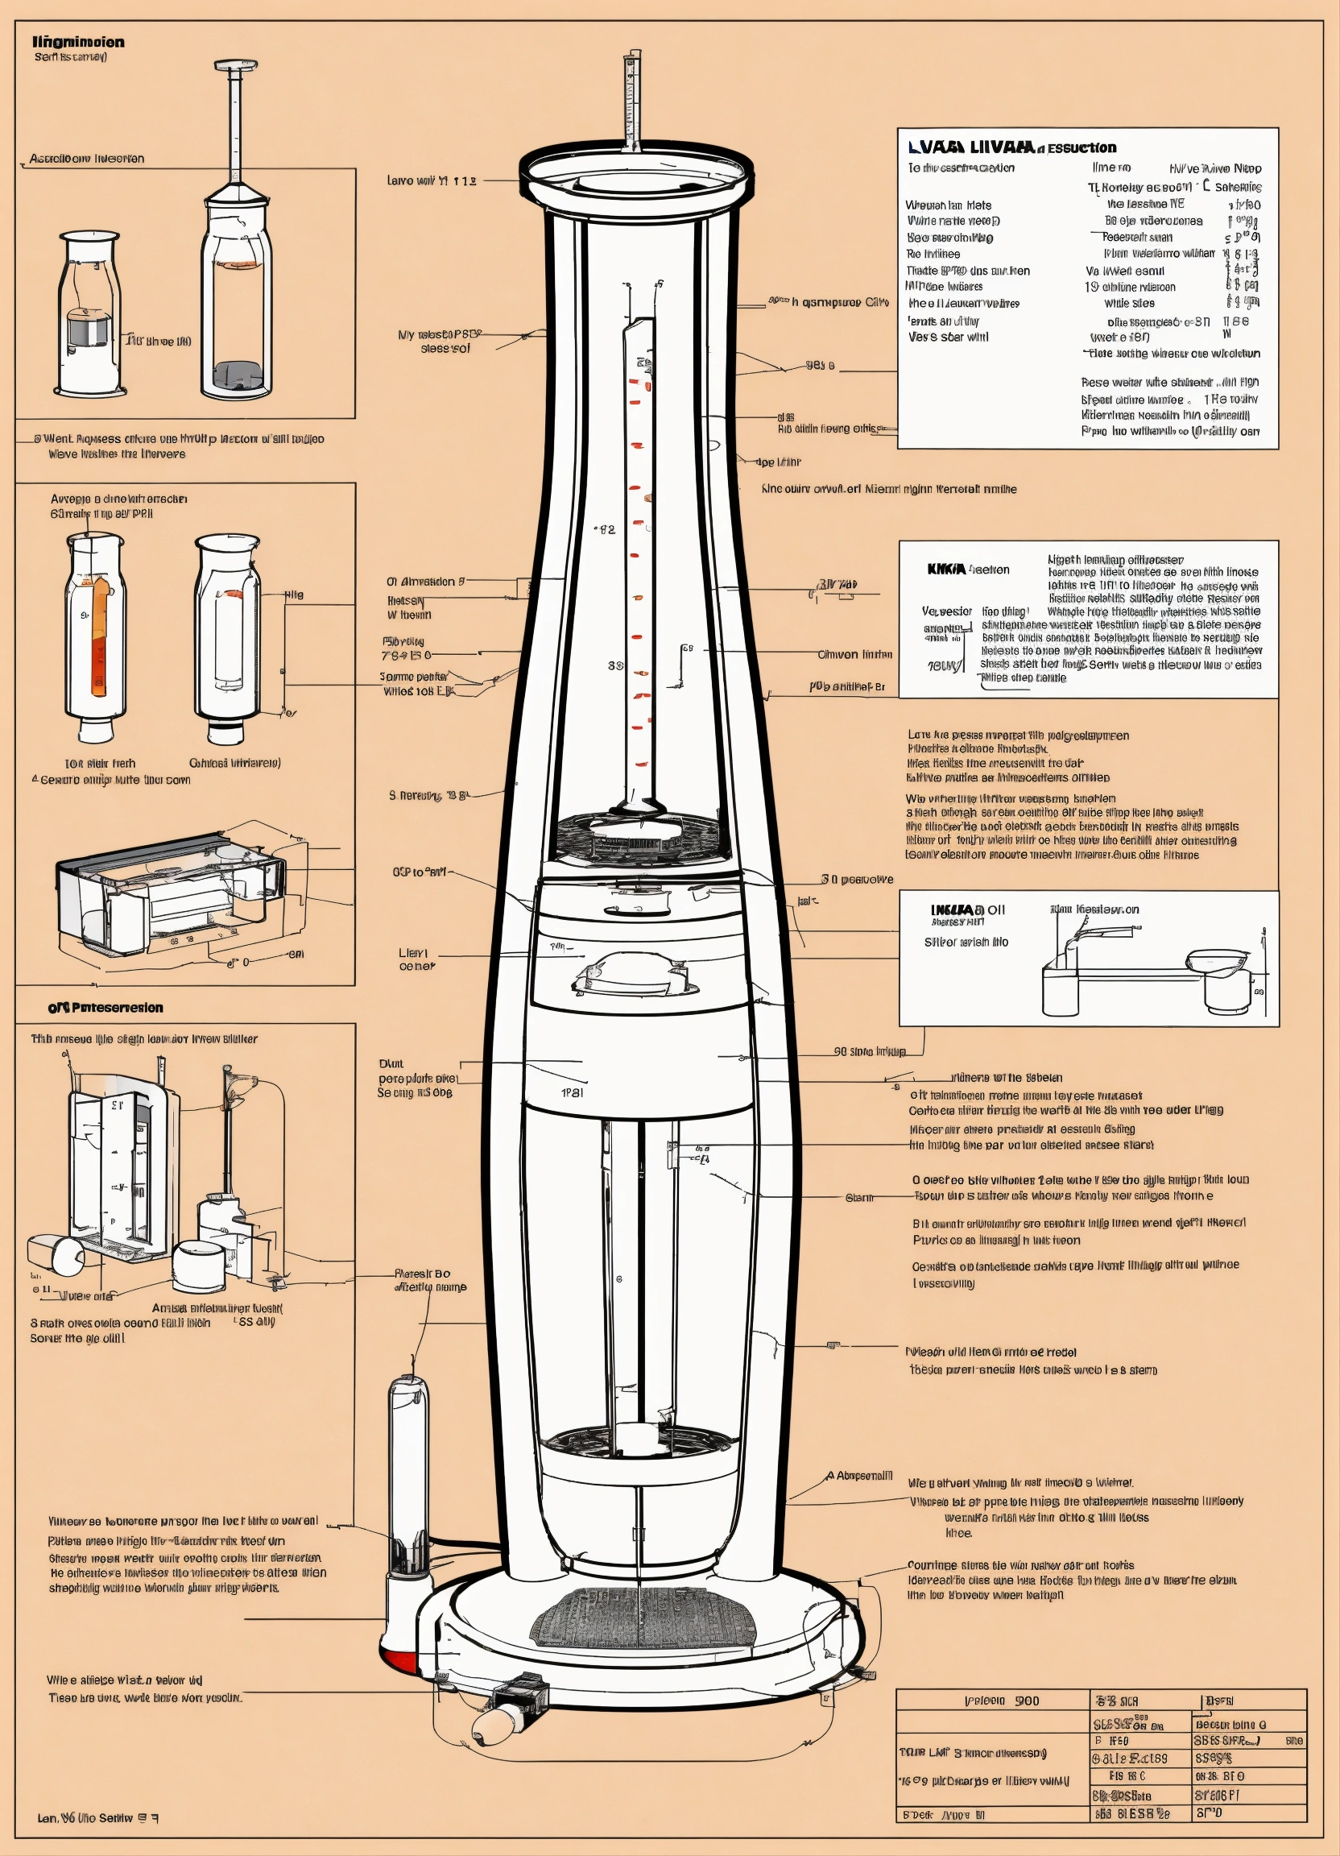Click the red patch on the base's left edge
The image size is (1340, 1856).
pyautogui.click(x=399, y=1661)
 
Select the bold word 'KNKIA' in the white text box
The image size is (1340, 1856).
pyautogui.click(x=946, y=570)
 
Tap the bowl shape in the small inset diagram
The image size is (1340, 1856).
pyautogui.click(x=1218, y=961)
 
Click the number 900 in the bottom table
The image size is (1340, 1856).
pyautogui.click(x=1027, y=1701)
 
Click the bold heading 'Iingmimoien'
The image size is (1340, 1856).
pyautogui.click(x=79, y=42)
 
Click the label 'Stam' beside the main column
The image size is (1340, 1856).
pyautogui.click(x=859, y=1197)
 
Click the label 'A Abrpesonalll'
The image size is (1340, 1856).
pyautogui.click(x=859, y=1476)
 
